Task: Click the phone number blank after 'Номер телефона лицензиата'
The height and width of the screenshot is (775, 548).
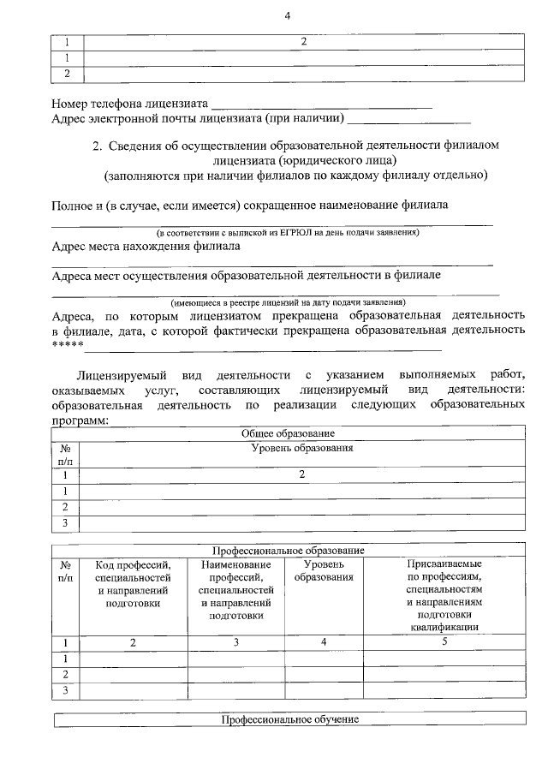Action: click(321, 105)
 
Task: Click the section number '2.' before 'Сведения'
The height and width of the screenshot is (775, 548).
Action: click(98, 146)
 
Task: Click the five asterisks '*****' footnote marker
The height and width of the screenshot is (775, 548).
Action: click(67, 345)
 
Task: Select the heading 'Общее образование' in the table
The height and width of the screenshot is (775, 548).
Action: click(288, 434)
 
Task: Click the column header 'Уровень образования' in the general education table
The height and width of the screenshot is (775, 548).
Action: click(302, 448)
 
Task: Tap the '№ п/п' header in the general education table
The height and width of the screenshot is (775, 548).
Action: click(65, 454)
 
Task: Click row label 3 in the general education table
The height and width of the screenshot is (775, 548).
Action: click(65, 522)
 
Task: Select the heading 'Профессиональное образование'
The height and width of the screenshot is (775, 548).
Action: click(288, 550)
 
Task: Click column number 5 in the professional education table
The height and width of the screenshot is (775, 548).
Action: click(444, 641)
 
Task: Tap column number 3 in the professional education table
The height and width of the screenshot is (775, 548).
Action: click(235, 641)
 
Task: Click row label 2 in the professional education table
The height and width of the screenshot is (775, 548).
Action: click(65, 675)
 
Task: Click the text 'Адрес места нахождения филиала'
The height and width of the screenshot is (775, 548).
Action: click(146, 247)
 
